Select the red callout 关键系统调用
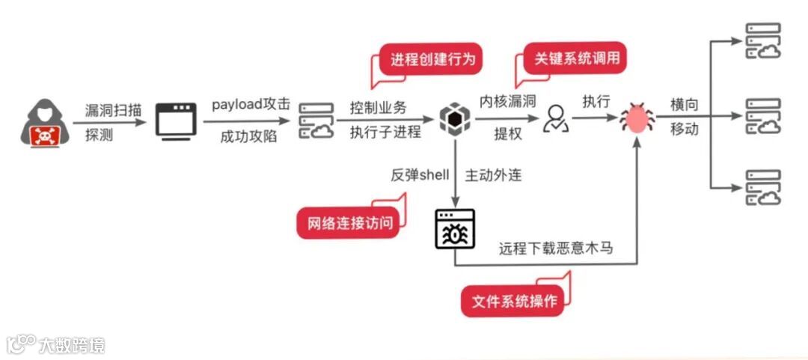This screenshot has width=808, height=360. click(577, 58)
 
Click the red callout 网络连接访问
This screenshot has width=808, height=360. click(349, 222)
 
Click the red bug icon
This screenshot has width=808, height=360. click(637, 118)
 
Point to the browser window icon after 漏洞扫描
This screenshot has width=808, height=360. click(176, 120)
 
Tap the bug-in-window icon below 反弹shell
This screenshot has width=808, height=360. click(454, 230)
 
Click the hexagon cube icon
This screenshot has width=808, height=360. click(454, 118)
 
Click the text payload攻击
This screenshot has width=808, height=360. click(250, 105)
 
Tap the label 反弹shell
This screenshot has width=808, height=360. click(420, 175)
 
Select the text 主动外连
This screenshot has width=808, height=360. click(493, 175)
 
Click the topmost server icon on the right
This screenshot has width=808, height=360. click(762, 41)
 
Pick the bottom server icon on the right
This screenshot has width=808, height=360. click(762, 187)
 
